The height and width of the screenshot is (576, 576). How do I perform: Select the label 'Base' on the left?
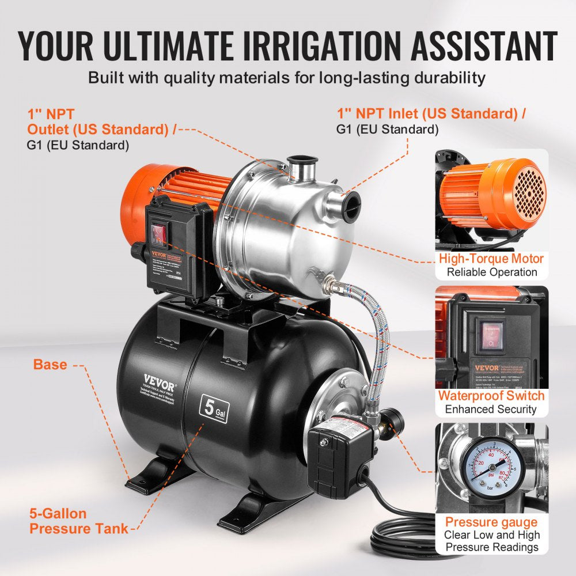point(50,365)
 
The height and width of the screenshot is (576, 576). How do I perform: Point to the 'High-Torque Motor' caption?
point(491,259)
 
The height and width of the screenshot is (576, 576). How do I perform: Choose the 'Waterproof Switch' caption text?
point(491,396)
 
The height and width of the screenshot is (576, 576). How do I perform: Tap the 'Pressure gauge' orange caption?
point(491,522)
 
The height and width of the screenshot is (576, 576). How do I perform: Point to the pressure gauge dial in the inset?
point(491,467)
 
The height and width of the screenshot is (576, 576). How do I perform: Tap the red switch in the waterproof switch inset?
point(490,335)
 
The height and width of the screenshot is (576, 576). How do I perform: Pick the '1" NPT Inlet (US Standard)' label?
point(431,113)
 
